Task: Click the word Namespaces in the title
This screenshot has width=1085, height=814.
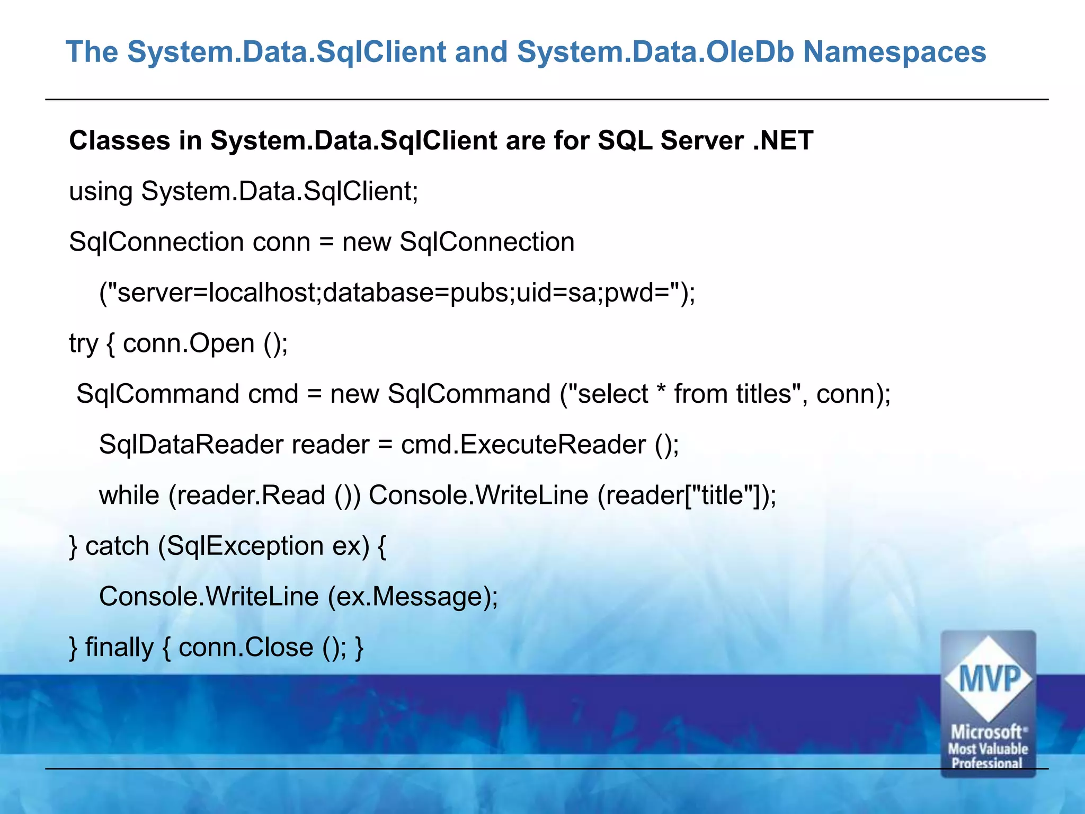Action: click(894, 52)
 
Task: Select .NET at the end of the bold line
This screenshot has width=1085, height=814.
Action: click(783, 141)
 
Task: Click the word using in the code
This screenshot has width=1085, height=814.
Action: click(101, 192)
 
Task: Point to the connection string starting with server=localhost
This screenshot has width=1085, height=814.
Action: click(397, 293)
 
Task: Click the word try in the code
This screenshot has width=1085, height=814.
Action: click(83, 344)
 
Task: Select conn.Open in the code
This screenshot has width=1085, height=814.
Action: click(189, 344)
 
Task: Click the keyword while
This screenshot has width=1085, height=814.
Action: click(129, 496)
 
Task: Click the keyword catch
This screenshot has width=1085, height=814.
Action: click(117, 546)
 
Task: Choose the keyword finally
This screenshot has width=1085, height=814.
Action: click(119, 648)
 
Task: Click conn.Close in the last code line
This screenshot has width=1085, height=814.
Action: click(246, 648)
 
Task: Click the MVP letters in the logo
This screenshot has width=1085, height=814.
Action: click(989, 678)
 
